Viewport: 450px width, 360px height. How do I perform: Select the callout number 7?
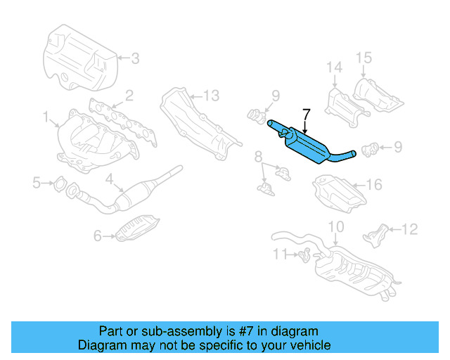point(306,113)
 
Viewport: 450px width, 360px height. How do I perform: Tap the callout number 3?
point(135,58)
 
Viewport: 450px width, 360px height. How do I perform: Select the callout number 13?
point(212,95)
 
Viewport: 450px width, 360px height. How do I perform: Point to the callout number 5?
point(37,184)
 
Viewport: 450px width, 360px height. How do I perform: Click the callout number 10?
point(336,226)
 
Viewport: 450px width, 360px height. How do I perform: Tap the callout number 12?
point(409,229)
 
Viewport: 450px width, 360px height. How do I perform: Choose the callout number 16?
point(374,185)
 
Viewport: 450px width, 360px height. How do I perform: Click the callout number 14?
point(333,67)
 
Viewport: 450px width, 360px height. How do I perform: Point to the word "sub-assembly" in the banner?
point(172,331)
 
